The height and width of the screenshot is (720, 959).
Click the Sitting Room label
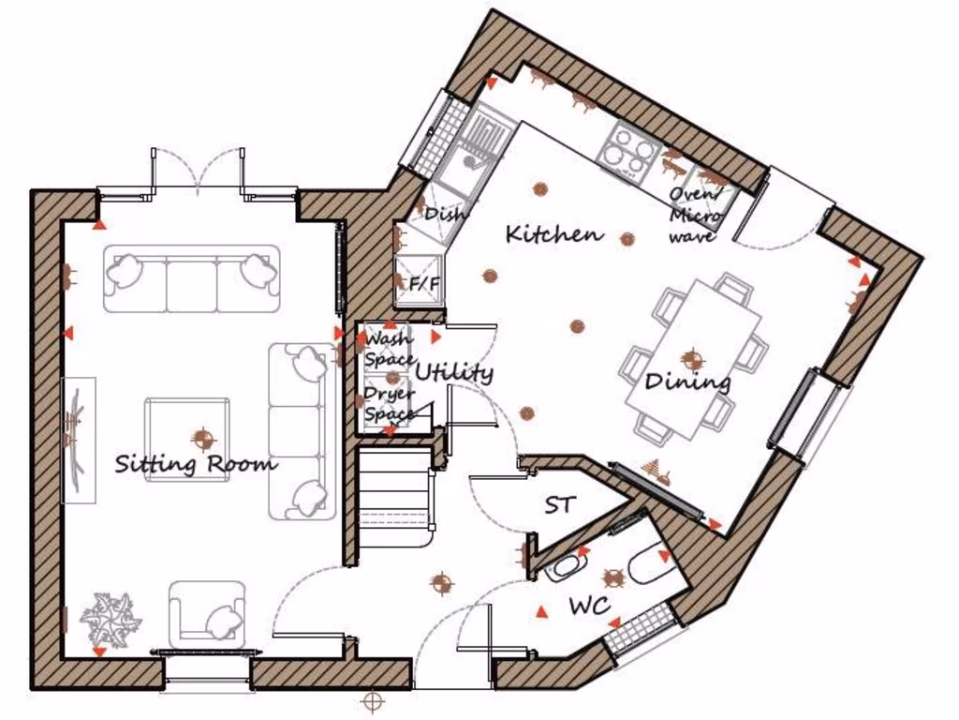point(196,463)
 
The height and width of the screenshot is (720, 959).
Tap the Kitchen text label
point(554,233)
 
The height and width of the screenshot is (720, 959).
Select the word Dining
point(687,382)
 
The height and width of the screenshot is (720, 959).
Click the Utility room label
point(453,372)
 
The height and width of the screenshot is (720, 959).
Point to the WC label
point(590,607)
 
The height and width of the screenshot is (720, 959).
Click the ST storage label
point(560,505)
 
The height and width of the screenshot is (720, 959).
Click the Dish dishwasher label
point(444,214)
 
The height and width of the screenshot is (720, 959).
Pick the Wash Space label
point(388,349)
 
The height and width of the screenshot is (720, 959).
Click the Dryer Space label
point(388,404)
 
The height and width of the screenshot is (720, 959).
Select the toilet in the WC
point(649,566)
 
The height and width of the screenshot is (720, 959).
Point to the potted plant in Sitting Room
point(110,619)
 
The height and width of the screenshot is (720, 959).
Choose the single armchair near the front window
point(208,610)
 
